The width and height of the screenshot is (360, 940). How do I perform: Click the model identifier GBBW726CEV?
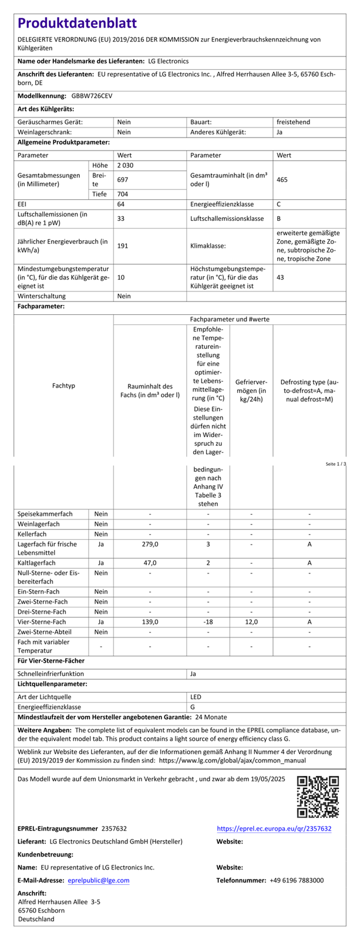92,95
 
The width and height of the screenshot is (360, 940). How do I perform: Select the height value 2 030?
126,166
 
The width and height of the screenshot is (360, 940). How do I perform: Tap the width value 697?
123,179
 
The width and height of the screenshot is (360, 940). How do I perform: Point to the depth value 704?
123,194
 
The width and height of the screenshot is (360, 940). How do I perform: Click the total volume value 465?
282,179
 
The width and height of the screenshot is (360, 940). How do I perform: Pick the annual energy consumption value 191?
123,246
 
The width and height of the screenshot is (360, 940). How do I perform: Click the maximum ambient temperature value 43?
280,277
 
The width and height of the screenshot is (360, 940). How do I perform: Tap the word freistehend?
293,122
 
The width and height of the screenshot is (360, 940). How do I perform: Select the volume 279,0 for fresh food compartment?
150,545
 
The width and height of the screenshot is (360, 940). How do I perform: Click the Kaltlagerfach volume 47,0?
150,562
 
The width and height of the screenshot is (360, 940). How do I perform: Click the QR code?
318,797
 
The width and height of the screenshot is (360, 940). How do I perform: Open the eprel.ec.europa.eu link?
274,828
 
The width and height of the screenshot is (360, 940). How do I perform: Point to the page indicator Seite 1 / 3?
336,464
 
